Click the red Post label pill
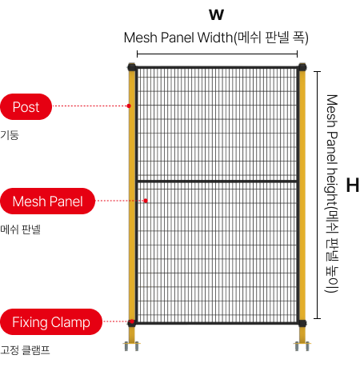click(x=26, y=106)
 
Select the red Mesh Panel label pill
click(x=47, y=201)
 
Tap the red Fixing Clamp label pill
click(x=51, y=322)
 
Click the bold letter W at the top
click(x=216, y=14)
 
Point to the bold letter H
click(x=352, y=185)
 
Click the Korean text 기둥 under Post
click(x=10, y=135)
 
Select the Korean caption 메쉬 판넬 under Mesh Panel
click(x=20, y=229)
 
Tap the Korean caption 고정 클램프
click(x=25, y=350)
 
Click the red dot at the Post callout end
click(x=129, y=106)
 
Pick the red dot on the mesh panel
click(x=146, y=201)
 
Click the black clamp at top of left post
click(x=132, y=66)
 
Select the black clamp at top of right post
click(x=302, y=66)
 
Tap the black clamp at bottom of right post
click(x=302, y=323)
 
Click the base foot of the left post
click(x=131, y=346)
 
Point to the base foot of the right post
click(x=302, y=346)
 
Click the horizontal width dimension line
click(x=217, y=54)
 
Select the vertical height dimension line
click(x=317, y=195)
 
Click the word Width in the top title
click(x=215, y=38)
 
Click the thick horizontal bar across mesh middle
click(x=217, y=182)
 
